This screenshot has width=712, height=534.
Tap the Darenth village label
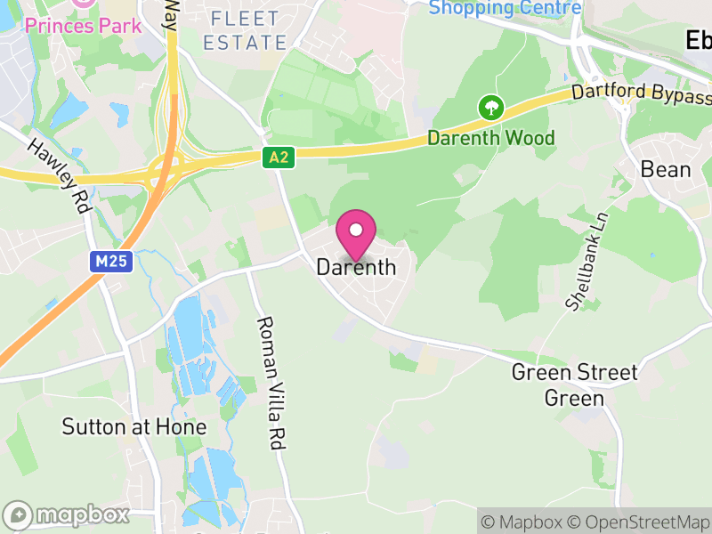coord(356,267)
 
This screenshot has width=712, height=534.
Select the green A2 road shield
coord(278,158)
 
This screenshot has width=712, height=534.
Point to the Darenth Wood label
coord(490,138)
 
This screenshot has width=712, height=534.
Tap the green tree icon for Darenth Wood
coord(490,109)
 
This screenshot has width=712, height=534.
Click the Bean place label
coord(666,169)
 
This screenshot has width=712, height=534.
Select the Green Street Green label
coord(574,384)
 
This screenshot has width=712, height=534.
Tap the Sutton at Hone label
coord(133,427)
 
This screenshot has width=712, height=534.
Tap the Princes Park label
coord(82,25)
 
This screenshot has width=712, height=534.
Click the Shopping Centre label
coord(505,9)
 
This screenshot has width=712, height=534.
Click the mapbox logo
coord(67,514)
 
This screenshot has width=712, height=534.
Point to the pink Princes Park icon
coord(83,3)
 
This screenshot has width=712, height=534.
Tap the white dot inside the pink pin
coord(356,230)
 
